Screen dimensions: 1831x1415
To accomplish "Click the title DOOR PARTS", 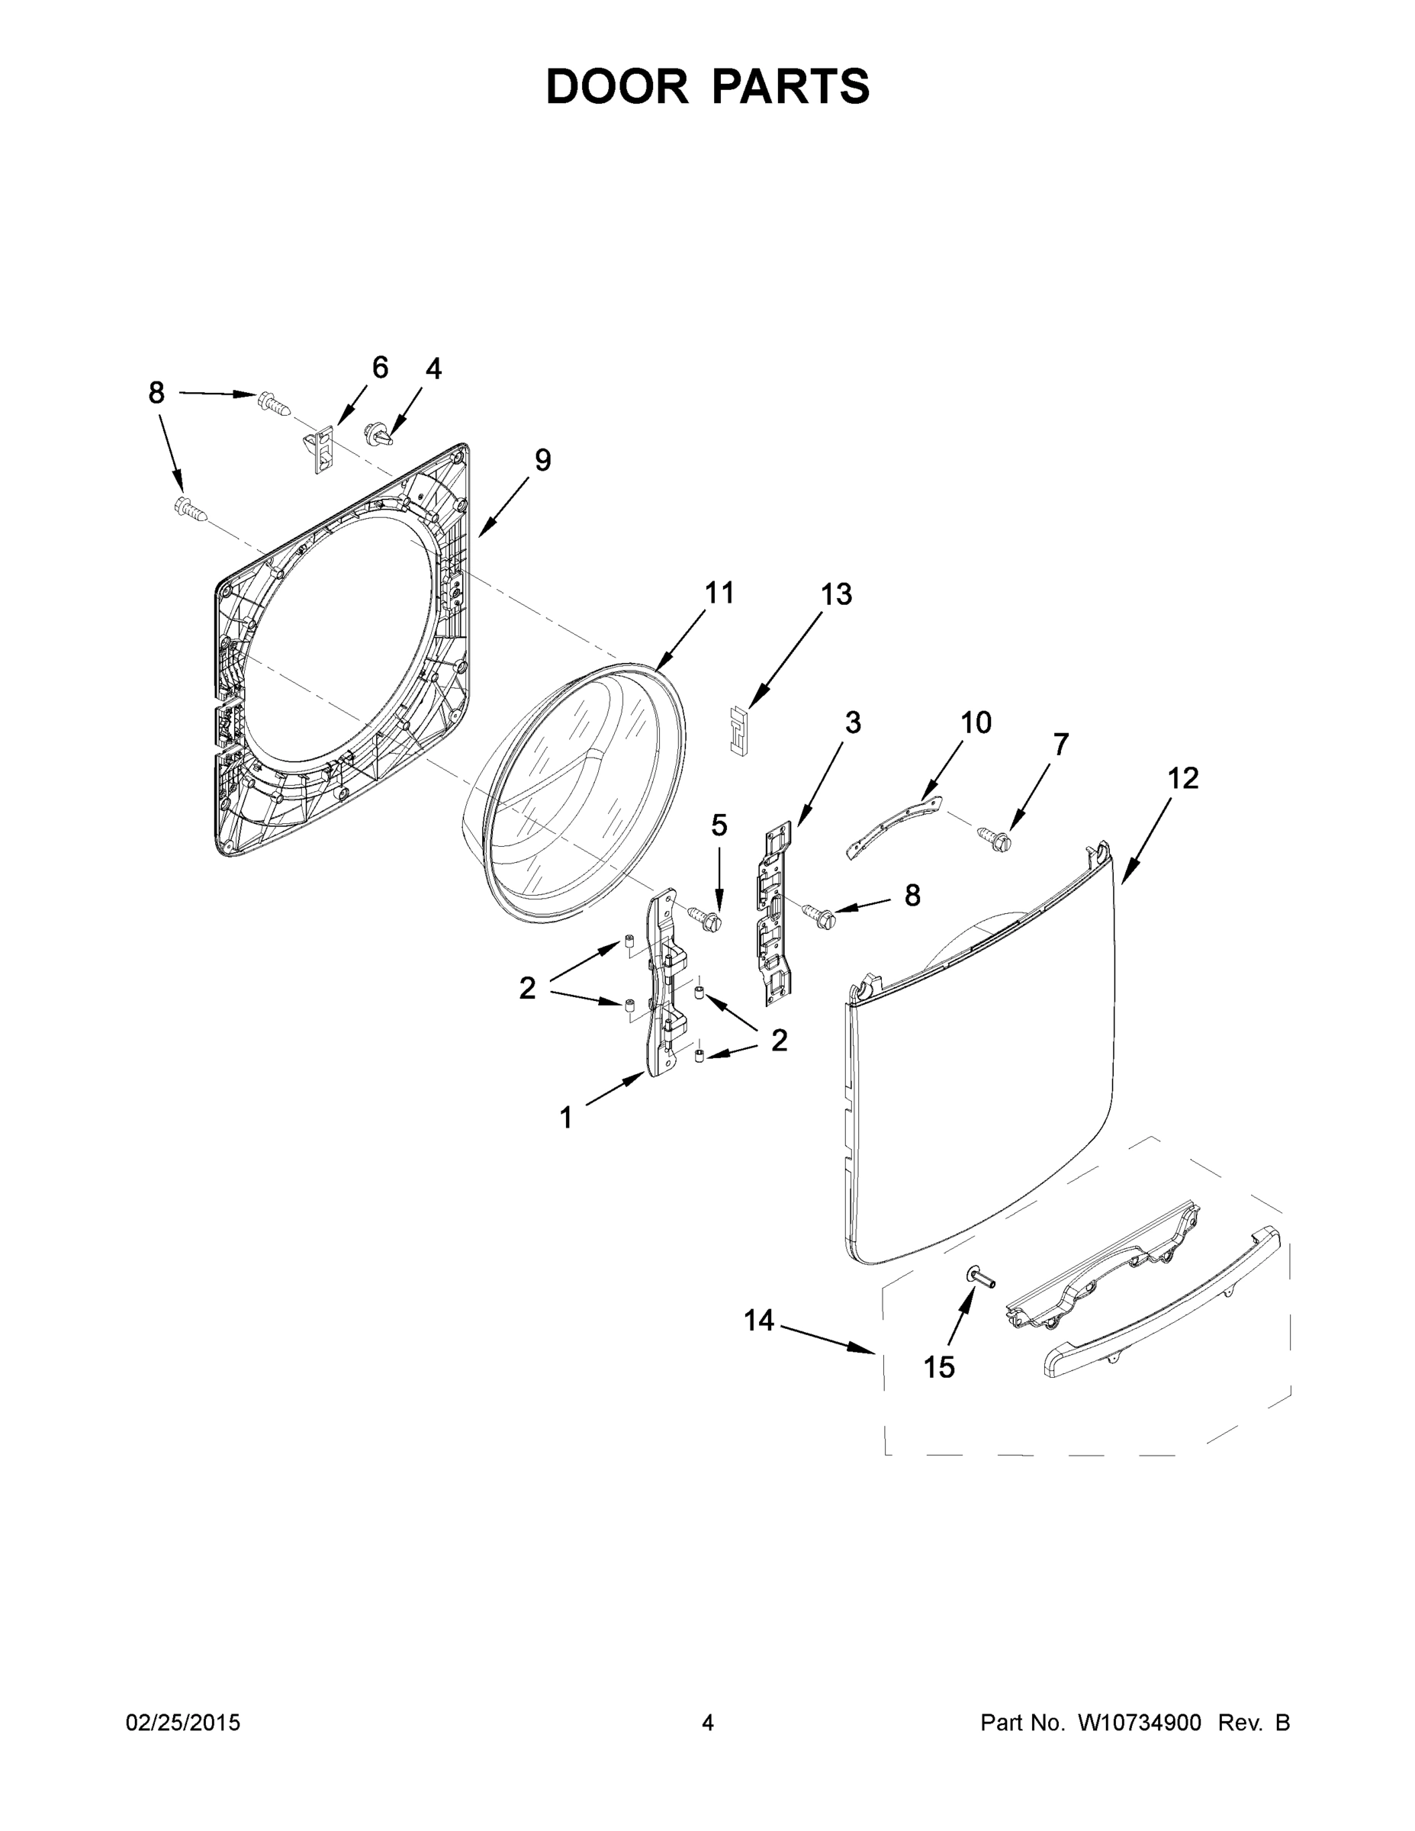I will coord(708,86).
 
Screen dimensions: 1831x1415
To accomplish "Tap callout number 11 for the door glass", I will coord(719,593).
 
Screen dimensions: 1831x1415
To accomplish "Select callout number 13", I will coord(835,594).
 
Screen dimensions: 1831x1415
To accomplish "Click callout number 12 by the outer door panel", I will coord(1183,778).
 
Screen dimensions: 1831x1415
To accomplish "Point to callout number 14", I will coord(759,1321).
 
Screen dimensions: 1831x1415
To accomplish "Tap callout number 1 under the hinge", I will coord(566,1117).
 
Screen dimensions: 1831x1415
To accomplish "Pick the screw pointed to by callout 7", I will coord(994,835).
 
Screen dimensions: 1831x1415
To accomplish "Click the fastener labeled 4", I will coord(378,435).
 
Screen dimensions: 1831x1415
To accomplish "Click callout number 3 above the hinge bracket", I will coord(852,722).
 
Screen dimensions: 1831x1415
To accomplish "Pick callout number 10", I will coord(976,722).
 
